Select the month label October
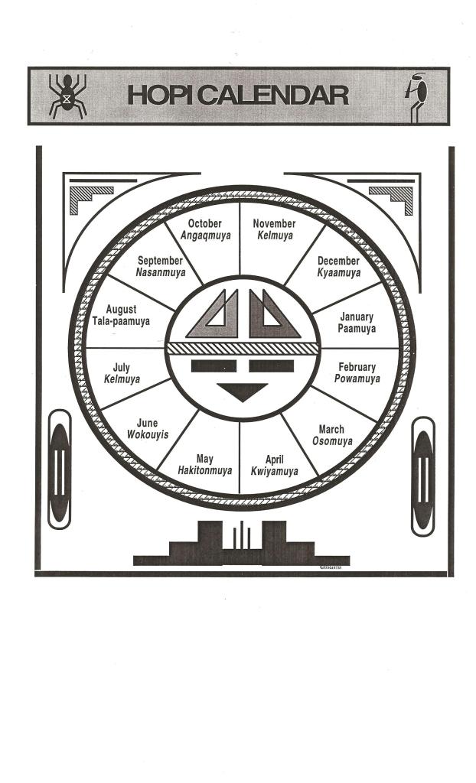(x=205, y=224)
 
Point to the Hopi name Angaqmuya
(x=205, y=236)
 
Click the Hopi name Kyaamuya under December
(x=338, y=272)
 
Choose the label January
(x=357, y=317)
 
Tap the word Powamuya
(x=357, y=379)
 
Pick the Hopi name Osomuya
(x=332, y=441)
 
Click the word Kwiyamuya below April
(x=274, y=471)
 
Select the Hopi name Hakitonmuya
(x=204, y=470)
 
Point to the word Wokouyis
(x=147, y=434)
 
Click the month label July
(x=121, y=368)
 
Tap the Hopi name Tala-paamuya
(x=121, y=321)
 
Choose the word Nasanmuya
(x=160, y=272)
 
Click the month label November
(x=274, y=224)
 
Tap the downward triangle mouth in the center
(x=242, y=391)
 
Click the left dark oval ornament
(x=59, y=469)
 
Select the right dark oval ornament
(x=422, y=475)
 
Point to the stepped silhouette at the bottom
(x=242, y=544)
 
